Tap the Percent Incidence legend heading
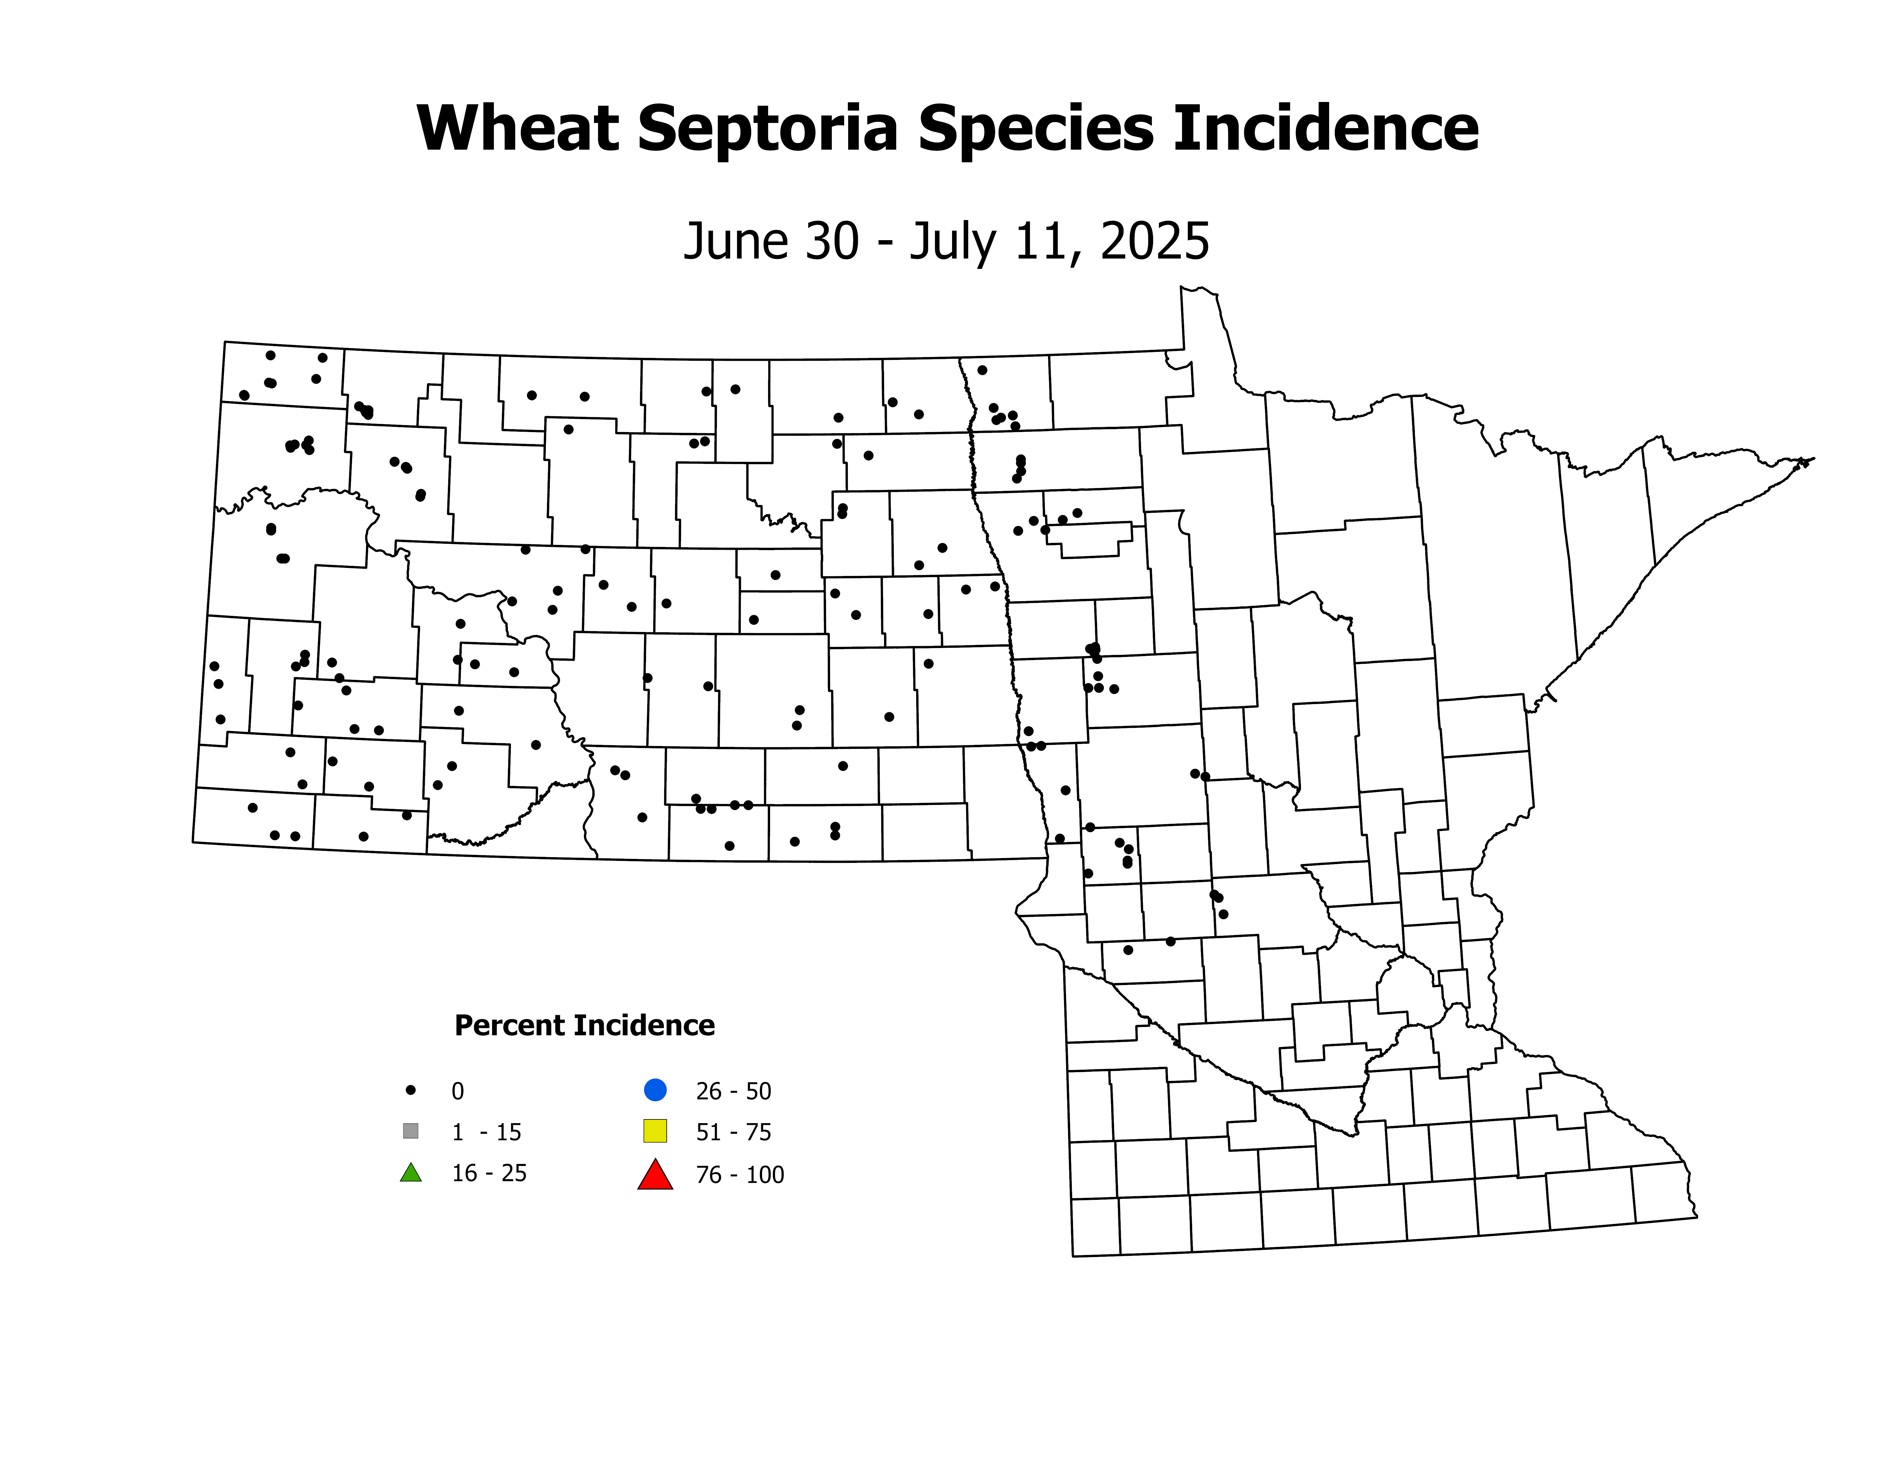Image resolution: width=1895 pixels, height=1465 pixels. [x=584, y=1026]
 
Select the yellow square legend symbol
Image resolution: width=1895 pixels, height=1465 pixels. [x=655, y=1131]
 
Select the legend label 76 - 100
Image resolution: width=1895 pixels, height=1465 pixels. [x=739, y=1175]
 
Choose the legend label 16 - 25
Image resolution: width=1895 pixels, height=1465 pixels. [x=488, y=1173]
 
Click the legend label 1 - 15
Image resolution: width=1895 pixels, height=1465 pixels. [x=486, y=1133]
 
